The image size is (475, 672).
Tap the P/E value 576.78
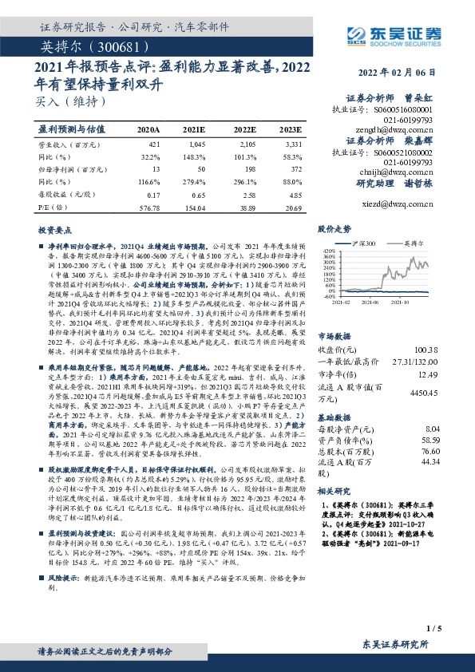pos(148,206)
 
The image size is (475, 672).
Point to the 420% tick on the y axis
pos(328,250)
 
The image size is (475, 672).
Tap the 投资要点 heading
pos(54,230)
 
